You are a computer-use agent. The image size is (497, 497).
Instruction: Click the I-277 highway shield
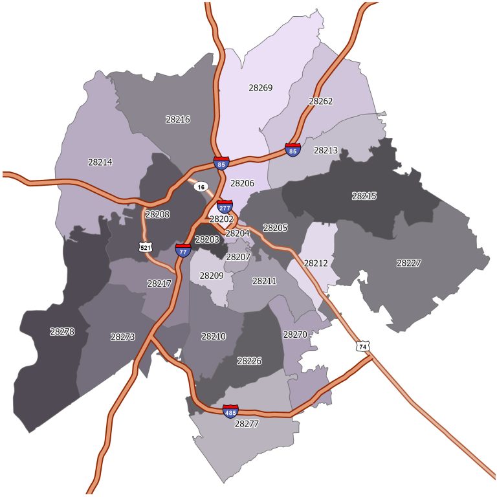tap(225, 207)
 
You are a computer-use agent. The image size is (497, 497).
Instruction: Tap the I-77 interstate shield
tap(183, 250)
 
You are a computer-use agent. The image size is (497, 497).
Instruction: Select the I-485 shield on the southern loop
tap(230, 411)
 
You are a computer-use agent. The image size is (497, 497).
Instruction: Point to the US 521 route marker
tap(145, 247)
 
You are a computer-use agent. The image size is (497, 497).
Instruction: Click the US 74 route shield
tap(362, 346)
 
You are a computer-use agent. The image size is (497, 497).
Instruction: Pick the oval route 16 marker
tap(201, 186)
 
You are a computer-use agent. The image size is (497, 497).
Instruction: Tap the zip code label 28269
tap(260, 87)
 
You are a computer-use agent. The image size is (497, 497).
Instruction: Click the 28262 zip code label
tap(320, 102)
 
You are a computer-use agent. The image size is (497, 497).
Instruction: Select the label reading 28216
tap(177, 120)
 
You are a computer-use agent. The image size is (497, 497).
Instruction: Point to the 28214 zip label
tap(100, 162)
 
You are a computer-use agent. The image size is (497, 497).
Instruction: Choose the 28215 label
tap(364, 195)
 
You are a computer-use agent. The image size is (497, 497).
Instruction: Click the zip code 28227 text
tap(408, 263)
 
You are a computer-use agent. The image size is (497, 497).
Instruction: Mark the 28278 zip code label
tap(62, 331)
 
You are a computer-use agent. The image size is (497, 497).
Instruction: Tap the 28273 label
tap(122, 337)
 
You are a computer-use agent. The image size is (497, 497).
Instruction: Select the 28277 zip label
tap(246, 425)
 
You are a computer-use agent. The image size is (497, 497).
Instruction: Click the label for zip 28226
tap(249, 360)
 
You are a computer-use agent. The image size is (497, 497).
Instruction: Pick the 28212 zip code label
tap(316, 263)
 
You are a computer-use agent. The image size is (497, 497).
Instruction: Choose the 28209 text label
tap(211, 276)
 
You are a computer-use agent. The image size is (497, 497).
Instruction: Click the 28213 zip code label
tap(326, 150)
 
